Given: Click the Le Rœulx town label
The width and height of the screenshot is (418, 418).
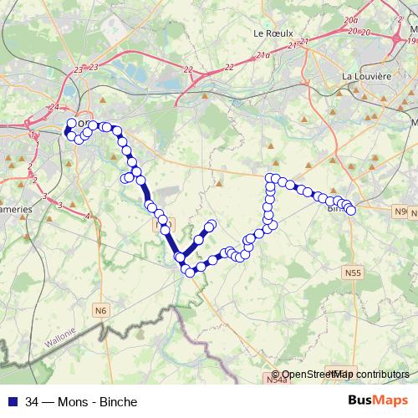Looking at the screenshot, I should pos(274,33).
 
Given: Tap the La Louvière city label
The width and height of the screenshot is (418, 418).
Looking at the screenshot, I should pos(367,76).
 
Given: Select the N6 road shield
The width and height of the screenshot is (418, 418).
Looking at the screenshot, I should pos(101,311).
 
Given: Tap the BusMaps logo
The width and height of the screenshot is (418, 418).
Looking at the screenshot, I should pos(379,400).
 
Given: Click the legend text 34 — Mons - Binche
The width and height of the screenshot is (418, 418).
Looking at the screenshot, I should pos(81,401).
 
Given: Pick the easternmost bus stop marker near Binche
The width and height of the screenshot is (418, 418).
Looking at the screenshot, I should pos(350,210).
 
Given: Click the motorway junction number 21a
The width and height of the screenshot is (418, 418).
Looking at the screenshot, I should pos(263,55).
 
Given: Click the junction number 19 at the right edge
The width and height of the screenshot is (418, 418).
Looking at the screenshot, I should pos(412,39).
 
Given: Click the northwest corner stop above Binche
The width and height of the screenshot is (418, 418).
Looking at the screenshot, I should pos(270,177).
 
